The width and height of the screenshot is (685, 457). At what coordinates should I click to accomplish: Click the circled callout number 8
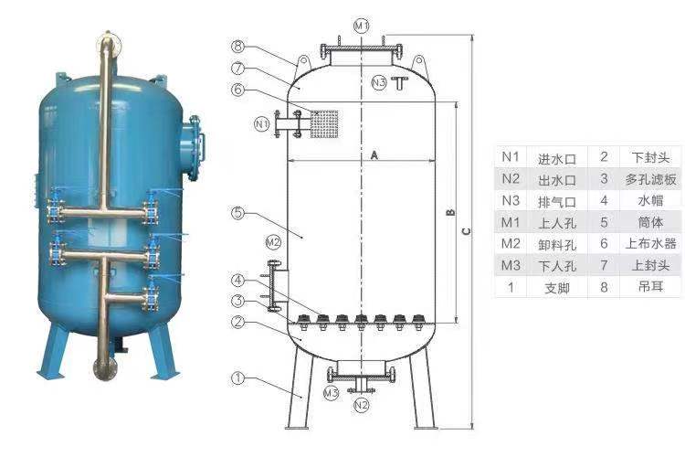click(x=237, y=46)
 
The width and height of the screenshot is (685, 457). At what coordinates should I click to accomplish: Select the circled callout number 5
click(x=237, y=213)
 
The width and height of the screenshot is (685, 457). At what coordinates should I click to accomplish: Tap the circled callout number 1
click(x=237, y=378)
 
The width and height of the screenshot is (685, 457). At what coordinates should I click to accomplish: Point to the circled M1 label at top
click(x=362, y=27)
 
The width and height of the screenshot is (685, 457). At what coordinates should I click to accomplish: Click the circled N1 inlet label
click(x=262, y=124)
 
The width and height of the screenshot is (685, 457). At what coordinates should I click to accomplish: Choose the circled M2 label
click(x=273, y=242)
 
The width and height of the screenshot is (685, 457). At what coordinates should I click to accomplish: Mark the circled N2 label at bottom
click(x=361, y=406)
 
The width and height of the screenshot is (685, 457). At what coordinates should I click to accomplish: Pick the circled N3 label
click(x=379, y=81)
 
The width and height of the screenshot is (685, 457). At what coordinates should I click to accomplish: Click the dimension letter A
click(x=374, y=154)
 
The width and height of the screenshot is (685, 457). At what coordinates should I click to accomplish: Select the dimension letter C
click(x=467, y=231)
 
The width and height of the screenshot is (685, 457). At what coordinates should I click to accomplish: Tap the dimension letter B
click(x=451, y=213)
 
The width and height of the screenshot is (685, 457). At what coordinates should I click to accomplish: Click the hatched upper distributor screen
click(x=324, y=124)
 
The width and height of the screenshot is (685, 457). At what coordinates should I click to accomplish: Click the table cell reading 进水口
click(x=557, y=159)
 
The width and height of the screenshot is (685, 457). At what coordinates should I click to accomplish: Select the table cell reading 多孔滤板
click(x=650, y=179)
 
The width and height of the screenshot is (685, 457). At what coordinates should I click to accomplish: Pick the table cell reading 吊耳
click(x=650, y=287)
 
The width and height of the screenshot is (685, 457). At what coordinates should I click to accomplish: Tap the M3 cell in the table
click(x=511, y=265)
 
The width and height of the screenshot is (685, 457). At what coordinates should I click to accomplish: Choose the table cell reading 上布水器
click(x=650, y=244)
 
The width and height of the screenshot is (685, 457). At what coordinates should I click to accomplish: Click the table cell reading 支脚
click(x=557, y=288)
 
